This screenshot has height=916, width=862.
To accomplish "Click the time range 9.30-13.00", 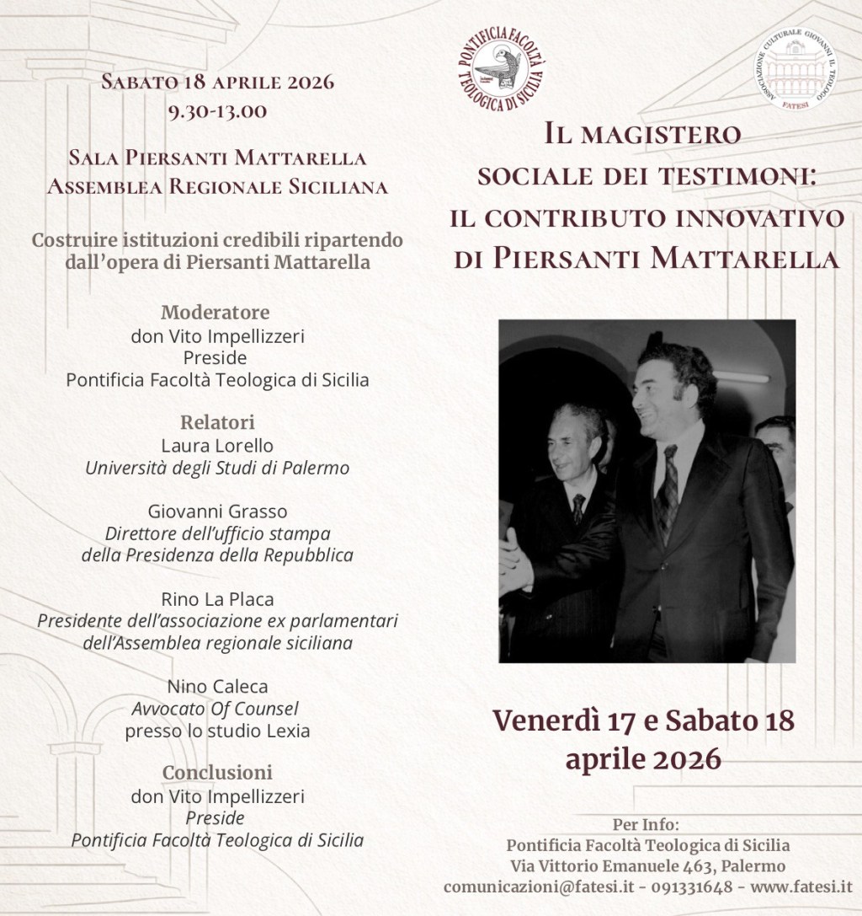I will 217,110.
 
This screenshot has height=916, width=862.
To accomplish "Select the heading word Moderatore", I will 217,313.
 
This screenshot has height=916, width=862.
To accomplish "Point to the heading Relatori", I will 217,422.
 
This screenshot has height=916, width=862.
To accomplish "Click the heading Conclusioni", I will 217,772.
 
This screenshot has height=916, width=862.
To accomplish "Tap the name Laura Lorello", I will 217,445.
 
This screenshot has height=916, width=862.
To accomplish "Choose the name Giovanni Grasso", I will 217,511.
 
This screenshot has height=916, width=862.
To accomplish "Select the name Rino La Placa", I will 217,599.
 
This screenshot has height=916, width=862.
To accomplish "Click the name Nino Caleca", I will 217,687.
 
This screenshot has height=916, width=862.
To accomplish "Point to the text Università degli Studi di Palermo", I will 217,467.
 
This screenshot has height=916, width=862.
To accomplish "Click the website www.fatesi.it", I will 802,887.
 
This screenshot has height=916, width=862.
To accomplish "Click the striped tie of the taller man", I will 668,489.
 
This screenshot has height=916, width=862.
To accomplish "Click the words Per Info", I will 647,824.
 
